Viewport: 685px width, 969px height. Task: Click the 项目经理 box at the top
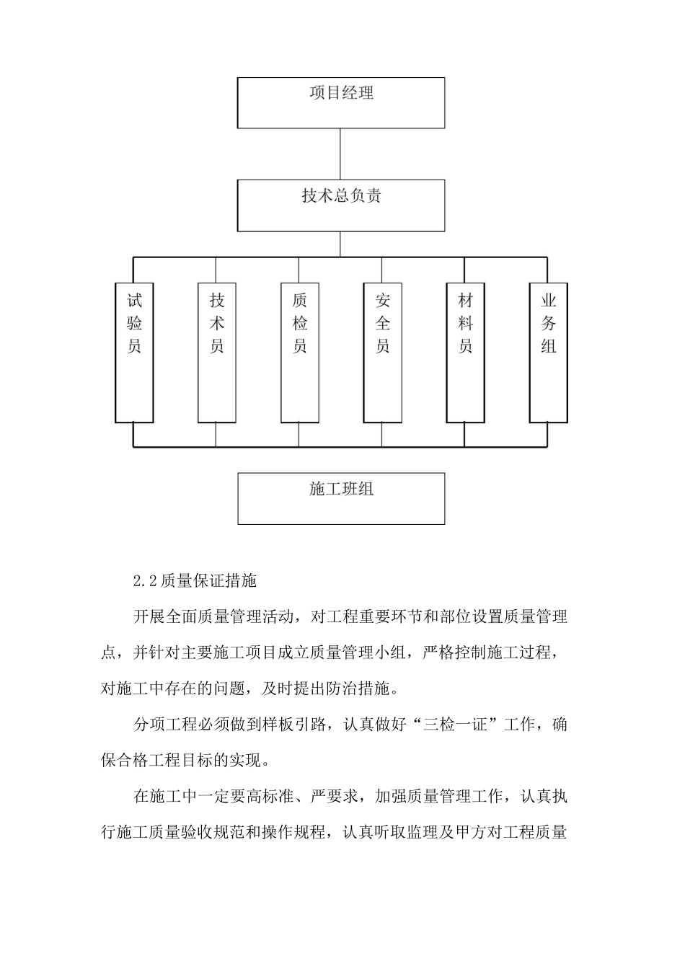[x=340, y=103]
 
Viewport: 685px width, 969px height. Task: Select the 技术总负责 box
[x=340, y=205]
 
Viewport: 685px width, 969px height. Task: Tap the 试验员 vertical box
[x=134, y=352]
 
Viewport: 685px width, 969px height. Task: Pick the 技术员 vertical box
[x=216, y=352]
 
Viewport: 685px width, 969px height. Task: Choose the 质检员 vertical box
[x=299, y=352]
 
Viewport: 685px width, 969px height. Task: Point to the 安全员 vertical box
[x=382, y=352]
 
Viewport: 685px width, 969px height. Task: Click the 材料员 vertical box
[x=465, y=352]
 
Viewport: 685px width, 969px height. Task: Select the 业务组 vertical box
[x=548, y=352]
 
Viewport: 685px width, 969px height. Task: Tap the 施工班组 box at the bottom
[x=340, y=498]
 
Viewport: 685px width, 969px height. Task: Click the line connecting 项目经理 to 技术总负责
[x=340, y=154]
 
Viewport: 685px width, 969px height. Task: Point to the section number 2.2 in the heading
[x=146, y=580]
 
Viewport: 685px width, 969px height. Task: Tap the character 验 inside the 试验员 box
[x=134, y=323]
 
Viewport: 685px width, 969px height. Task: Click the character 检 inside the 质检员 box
[x=299, y=323]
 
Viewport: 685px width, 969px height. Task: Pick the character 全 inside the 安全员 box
[x=382, y=323]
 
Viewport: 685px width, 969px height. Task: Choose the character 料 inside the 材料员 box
[x=465, y=323]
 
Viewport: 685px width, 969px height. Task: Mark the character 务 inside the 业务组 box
[x=548, y=323]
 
